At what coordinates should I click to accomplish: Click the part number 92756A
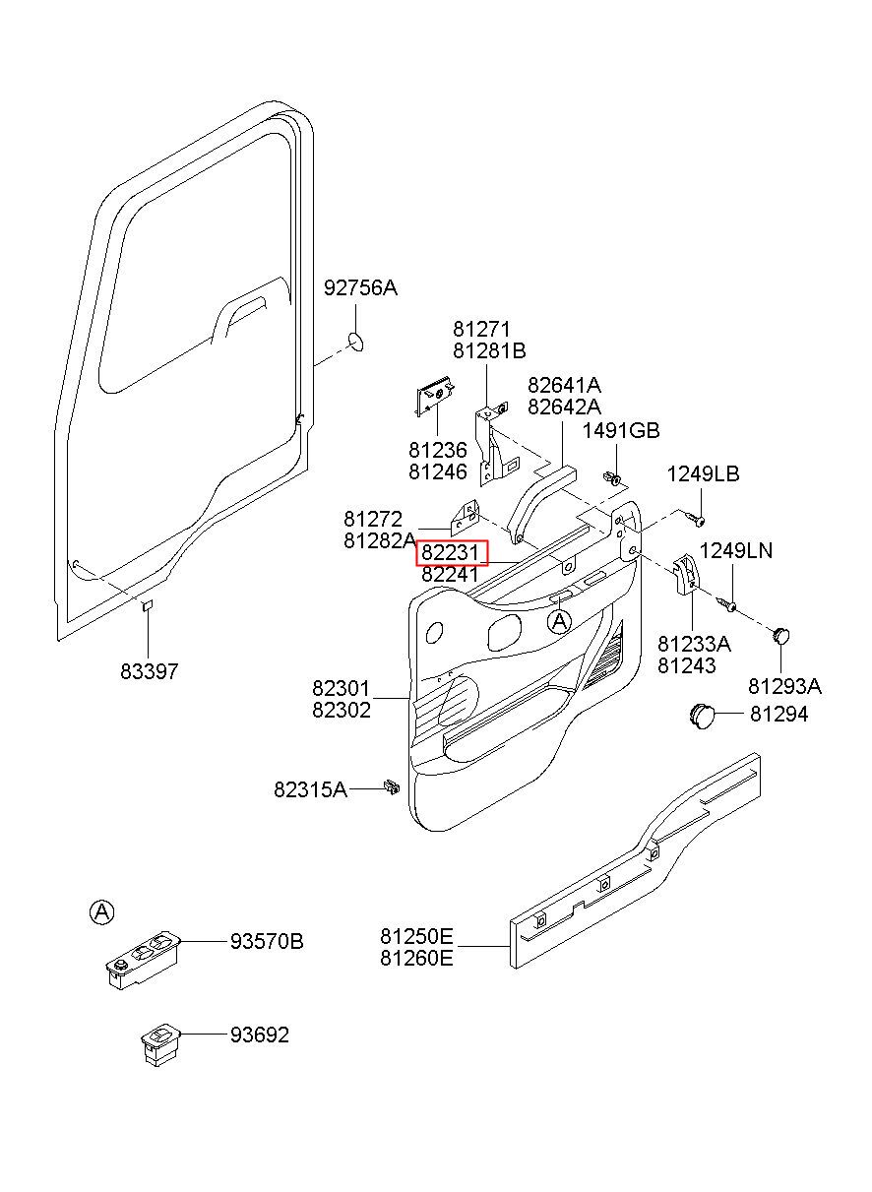coord(360,288)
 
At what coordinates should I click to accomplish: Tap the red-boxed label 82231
coord(451,553)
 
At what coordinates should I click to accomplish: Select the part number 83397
coord(149,671)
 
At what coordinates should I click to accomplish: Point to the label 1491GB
coord(620,430)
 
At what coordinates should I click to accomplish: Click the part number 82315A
coord(310,789)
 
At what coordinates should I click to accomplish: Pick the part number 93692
coord(260,1035)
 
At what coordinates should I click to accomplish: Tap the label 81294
coord(779,715)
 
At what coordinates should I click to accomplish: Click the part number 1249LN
coord(735,551)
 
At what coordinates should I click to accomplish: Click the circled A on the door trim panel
coord(559,621)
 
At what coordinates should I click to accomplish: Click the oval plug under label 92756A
coord(356,342)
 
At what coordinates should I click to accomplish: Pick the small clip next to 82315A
coord(391,786)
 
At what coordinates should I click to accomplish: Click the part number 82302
coord(342,710)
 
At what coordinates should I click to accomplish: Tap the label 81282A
coord(380,540)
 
